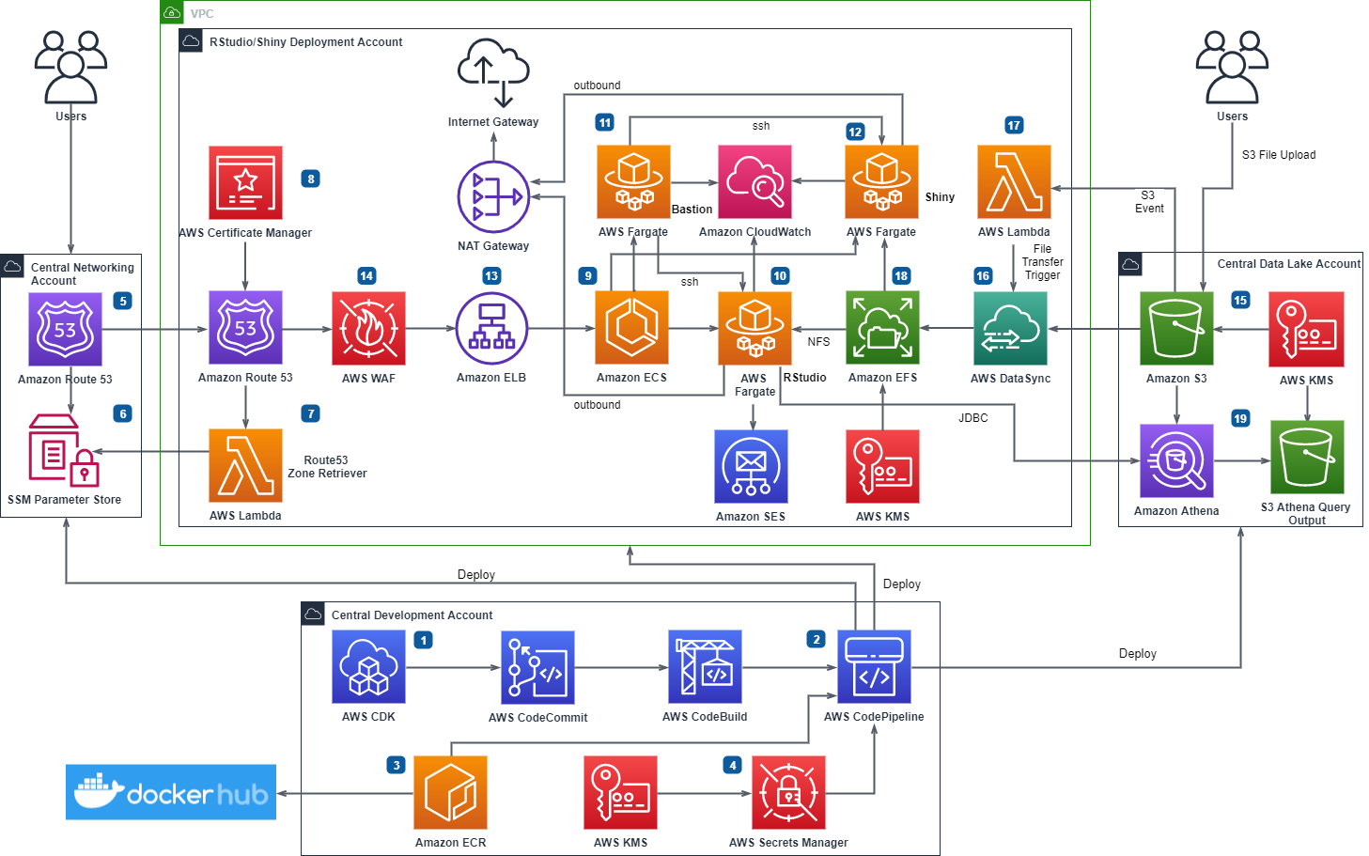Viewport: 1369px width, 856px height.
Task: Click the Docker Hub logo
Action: tap(171, 792)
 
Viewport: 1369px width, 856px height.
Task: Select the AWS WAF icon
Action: tap(368, 328)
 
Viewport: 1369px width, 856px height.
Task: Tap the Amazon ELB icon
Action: tap(491, 328)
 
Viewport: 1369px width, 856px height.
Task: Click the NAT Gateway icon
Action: tap(493, 197)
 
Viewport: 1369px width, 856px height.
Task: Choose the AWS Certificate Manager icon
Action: tap(245, 182)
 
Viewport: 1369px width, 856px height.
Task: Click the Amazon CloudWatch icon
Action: tap(755, 181)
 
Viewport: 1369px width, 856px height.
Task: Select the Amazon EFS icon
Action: tap(882, 328)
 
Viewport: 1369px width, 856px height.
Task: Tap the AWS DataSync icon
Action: tap(1010, 328)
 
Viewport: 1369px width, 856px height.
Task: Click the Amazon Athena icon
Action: tap(1176, 460)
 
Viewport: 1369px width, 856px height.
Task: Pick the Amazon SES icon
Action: tap(751, 467)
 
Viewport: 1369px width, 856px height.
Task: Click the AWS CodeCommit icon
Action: tap(537, 667)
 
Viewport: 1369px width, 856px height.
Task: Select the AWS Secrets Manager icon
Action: tap(788, 792)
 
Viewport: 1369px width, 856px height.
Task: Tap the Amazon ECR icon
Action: tap(451, 792)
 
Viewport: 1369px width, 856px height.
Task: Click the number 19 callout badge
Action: tap(1240, 418)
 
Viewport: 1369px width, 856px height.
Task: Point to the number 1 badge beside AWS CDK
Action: tap(424, 640)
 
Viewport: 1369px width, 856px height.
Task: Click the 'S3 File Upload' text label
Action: tap(1278, 155)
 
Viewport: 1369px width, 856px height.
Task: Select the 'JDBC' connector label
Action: tap(972, 418)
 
